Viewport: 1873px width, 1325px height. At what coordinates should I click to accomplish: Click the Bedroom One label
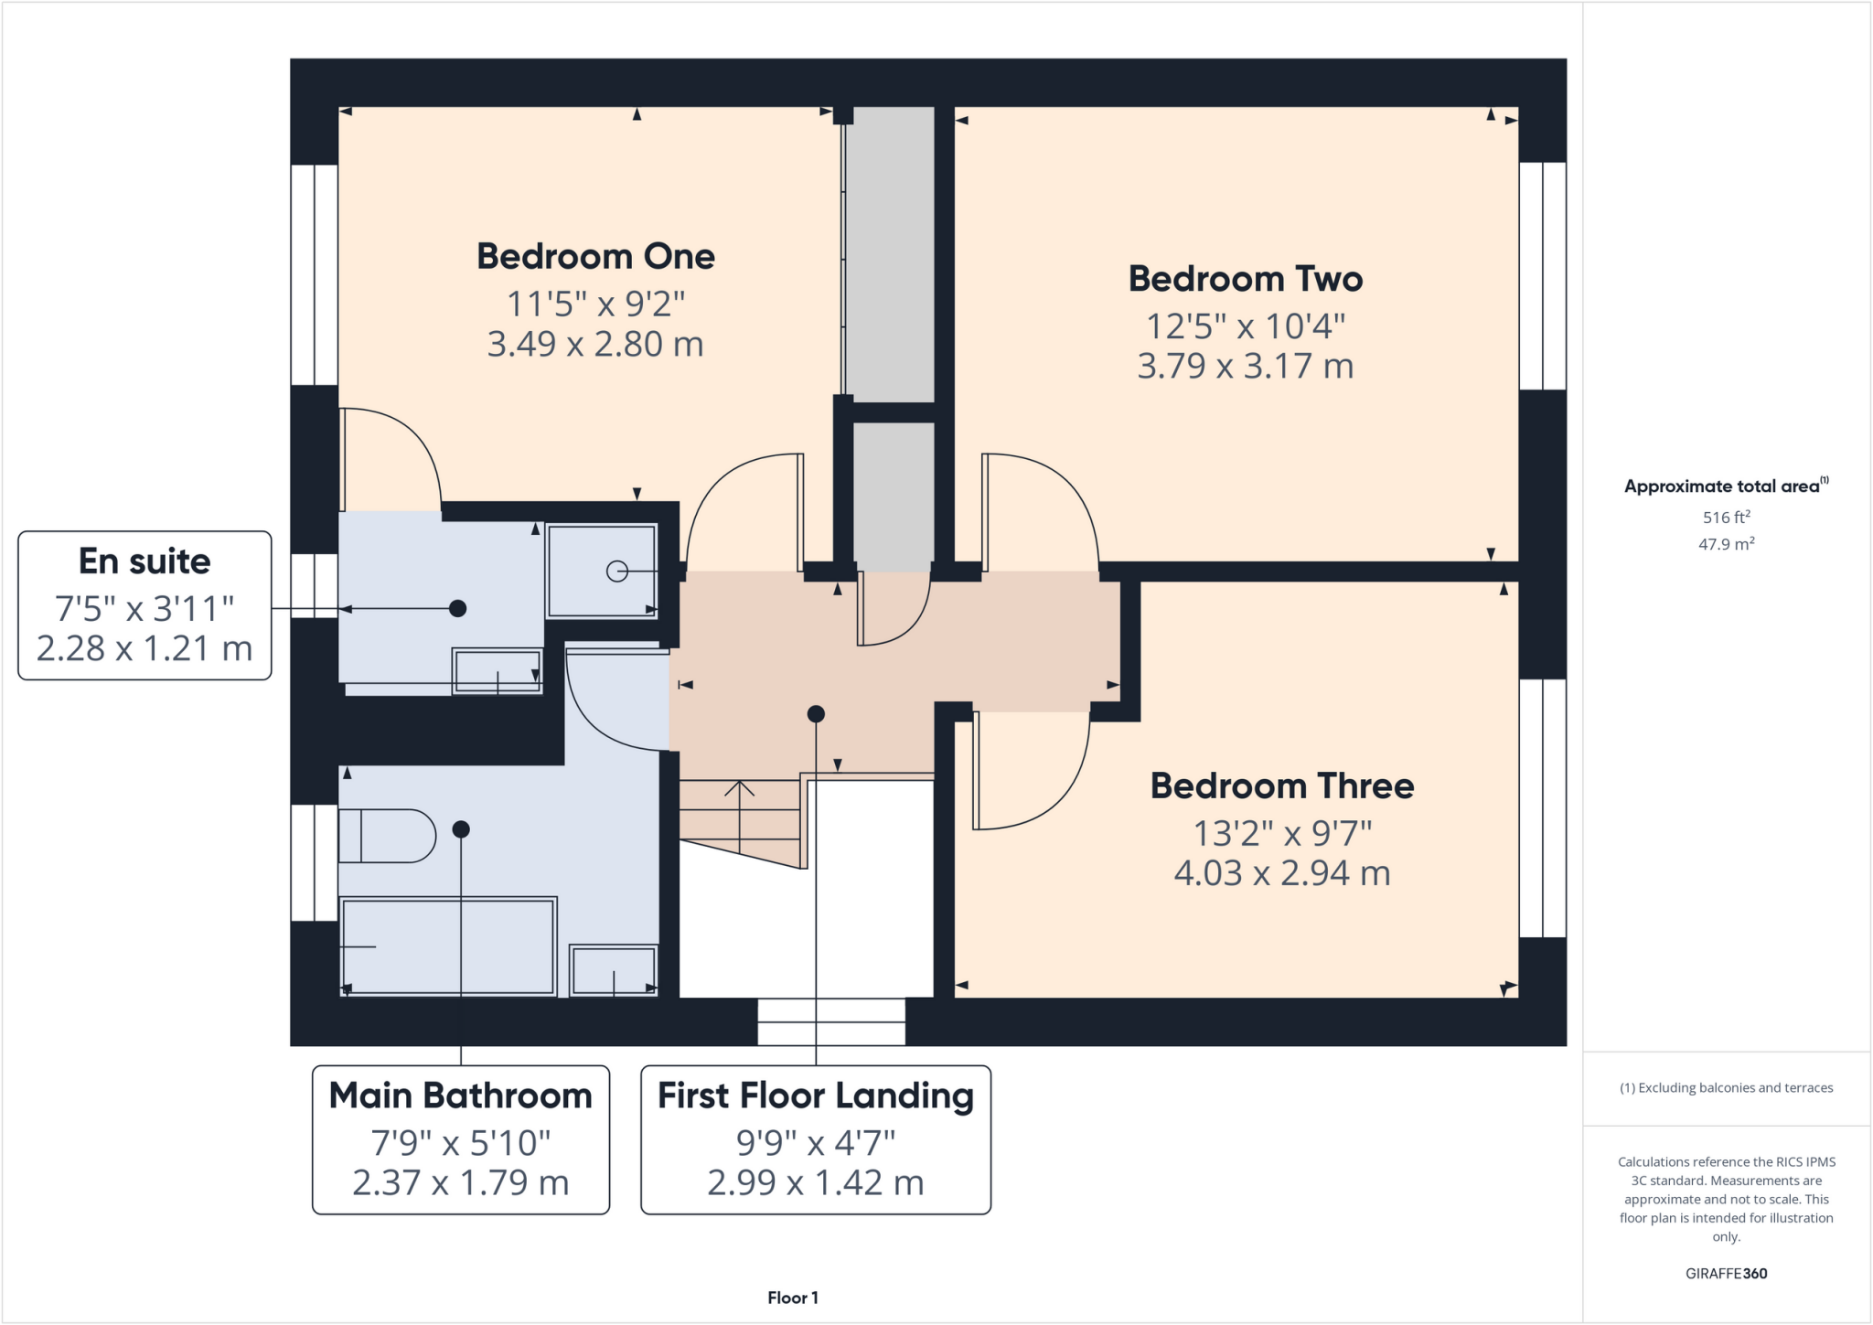coord(595,256)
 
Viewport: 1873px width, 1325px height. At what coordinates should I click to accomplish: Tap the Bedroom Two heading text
coord(1245,279)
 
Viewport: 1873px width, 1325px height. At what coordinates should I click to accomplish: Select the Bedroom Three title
coord(1281,786)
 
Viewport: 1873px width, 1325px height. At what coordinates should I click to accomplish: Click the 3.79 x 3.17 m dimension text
coord(1245,367)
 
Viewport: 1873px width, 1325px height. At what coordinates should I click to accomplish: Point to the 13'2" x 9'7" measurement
coord(1281,833)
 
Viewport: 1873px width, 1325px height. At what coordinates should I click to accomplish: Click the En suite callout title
coord(144,561)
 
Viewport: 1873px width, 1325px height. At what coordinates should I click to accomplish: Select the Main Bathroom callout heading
coord(460,1095)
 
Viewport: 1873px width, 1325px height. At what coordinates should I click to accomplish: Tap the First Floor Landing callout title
coord(815,1095)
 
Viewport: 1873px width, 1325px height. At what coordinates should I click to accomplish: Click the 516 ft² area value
coord(1726,518)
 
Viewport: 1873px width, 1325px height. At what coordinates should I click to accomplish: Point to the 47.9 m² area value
coord(1726,544)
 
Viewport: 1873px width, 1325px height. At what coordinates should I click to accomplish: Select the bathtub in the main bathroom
coord(448,946)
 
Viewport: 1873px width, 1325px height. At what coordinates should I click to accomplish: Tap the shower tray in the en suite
coord(601,572)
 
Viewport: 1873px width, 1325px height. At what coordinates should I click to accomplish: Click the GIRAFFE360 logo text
coord(1726,1274)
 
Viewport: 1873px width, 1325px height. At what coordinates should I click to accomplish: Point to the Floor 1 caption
coord(792,1298)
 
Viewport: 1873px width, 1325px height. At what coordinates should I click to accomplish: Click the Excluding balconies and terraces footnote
coord(1726,1088)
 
